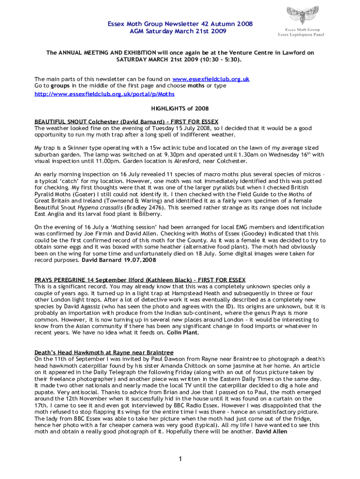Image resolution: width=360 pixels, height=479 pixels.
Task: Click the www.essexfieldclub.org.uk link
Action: [211, 79]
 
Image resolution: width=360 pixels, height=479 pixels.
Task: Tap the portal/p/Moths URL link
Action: [105, 94]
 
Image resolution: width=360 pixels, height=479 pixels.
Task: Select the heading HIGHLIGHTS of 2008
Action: [180, 108]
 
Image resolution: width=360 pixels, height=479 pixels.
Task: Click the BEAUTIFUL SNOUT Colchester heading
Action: [126, 122]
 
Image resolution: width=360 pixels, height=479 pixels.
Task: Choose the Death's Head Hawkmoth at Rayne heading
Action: [104, 352]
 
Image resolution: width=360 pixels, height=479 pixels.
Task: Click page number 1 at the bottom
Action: [180, 459]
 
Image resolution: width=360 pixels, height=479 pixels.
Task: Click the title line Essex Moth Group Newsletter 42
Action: [173, 23]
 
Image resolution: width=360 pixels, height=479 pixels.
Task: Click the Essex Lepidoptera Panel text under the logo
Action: [301, 34]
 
